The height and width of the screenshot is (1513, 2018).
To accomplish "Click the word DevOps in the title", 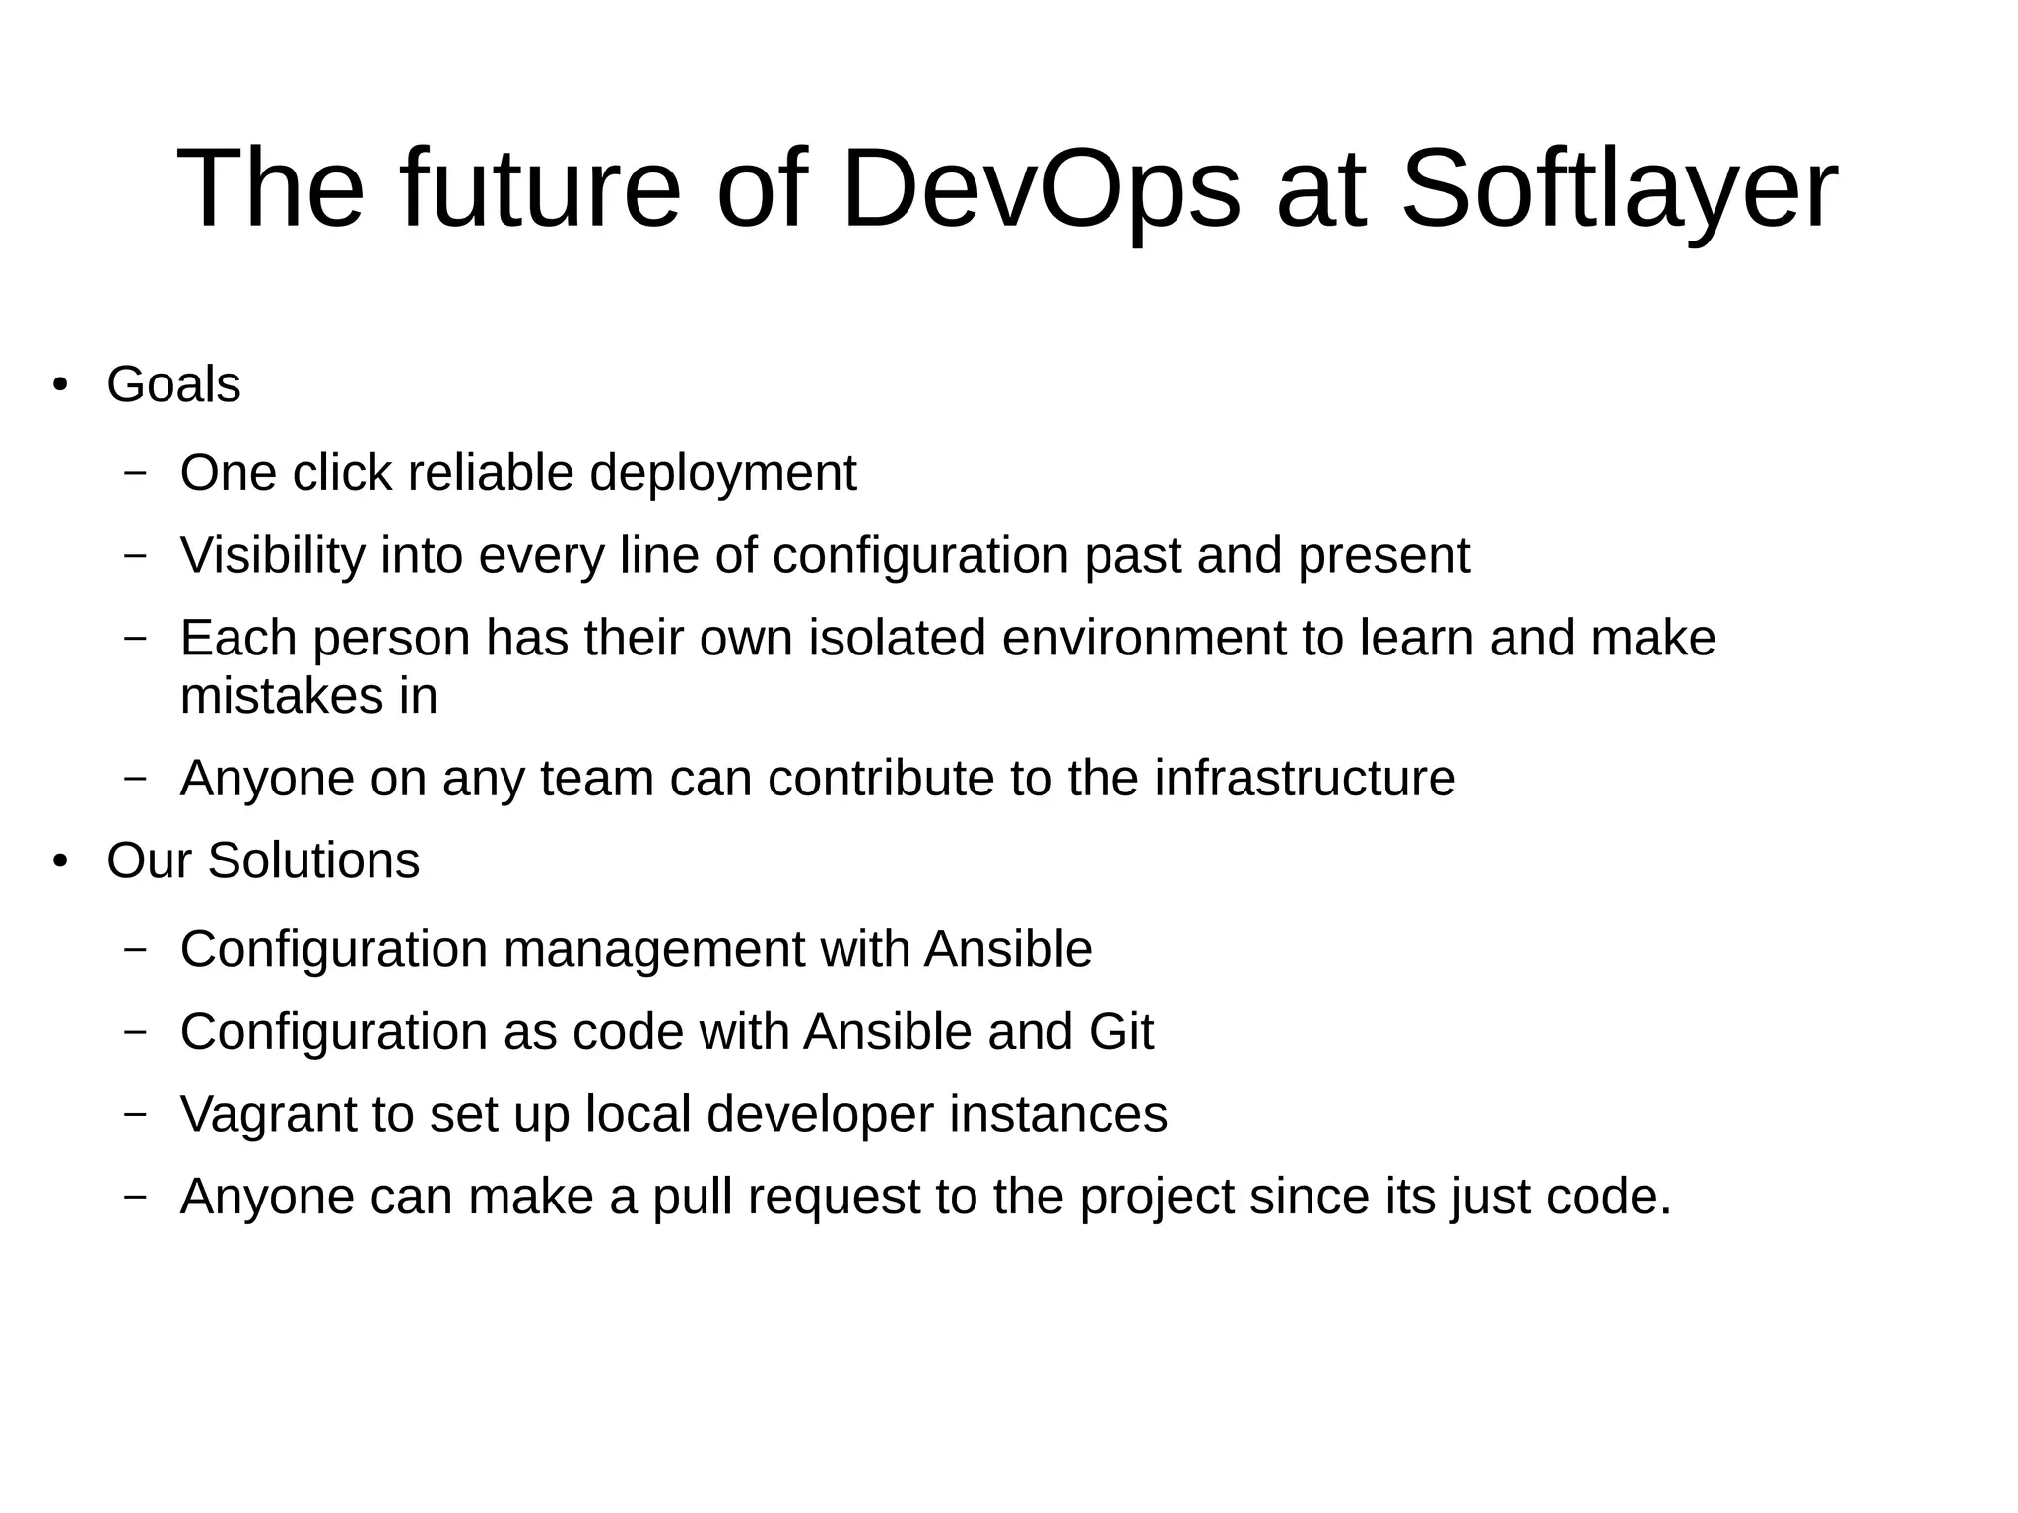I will [x=1040, y=189].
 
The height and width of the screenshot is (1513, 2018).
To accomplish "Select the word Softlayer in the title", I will [x=1618, y=189].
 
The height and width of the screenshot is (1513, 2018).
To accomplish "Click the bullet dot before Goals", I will [x=61, y=385].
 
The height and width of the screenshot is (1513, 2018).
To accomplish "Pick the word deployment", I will [x=722, y=474].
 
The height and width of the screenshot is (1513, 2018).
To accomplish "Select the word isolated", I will [x=897, y=638].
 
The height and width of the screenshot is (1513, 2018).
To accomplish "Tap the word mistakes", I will [x=281, y=696].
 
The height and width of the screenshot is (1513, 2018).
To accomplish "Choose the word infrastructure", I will [x=1305, y=779].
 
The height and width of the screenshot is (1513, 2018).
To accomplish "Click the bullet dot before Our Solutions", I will [x=61, y=862].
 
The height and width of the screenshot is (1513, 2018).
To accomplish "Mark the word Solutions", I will [x=313, y=860].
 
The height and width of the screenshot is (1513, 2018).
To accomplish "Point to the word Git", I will [x=1121, y=1032].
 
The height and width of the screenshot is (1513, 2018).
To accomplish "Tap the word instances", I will [x=1058, y=1114].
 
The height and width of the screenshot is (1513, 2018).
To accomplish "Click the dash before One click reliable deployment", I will [x=135, y=473].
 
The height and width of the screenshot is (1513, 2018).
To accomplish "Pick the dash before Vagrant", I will [x=135, y=1114].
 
